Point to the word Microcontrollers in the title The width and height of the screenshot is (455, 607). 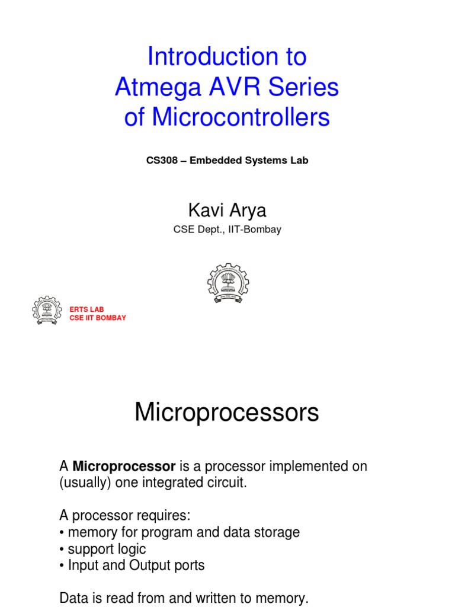click(x=241, y=117)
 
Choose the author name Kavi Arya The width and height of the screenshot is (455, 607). click(x=227, y=210)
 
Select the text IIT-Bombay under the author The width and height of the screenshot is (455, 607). click(x=257, y=230)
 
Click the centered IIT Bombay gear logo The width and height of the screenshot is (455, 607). click(x=227, y=283)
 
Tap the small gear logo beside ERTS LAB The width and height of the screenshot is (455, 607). click(x=46, y=311)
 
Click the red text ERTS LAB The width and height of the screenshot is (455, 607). click(x=86, y=309)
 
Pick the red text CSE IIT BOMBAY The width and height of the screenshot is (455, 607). click(x=98, y=318)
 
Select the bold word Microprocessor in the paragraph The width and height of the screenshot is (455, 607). click(x=124, y=467)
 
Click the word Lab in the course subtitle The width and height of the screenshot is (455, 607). click(x=300, y=161)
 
